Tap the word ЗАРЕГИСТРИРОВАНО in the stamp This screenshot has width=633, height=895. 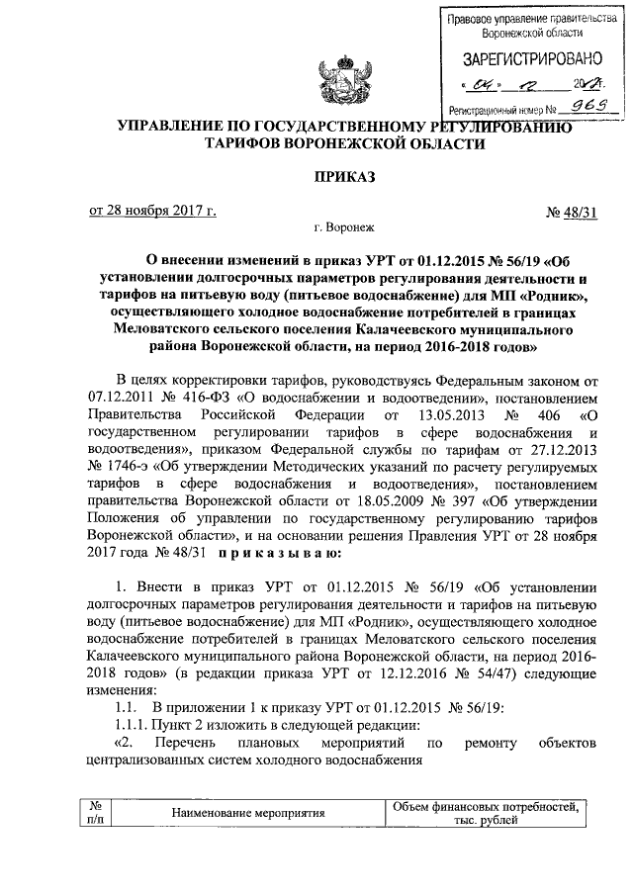(x=525, y=58)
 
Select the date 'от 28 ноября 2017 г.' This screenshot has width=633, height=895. (x=153, y=210)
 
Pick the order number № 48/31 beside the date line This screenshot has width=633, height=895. (x=572, y=211)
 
